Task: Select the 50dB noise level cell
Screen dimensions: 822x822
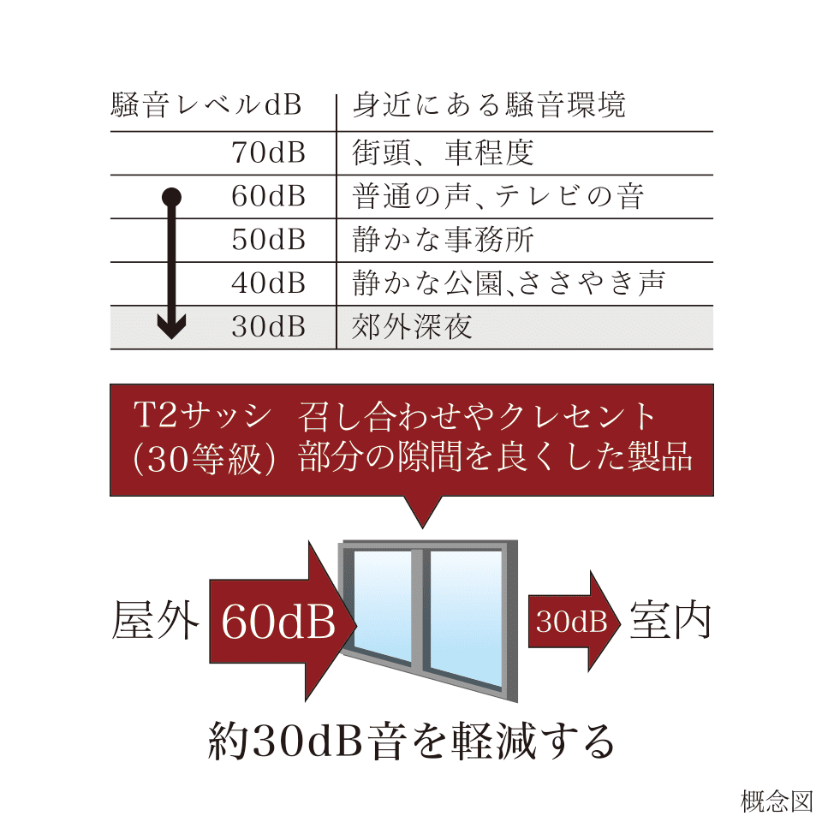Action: [x=268, y=241]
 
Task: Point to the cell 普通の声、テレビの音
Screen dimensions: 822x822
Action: [x=497, y=197]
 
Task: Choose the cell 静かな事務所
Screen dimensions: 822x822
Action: [x=444, y=241]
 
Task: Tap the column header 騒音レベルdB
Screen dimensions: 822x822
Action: [x=206, y=106]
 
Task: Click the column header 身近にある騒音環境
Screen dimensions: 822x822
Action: [x=489, y=106]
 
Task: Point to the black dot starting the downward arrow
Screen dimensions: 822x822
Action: [x=172, y=197]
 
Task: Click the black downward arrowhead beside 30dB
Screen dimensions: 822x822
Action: [x=172, y=326]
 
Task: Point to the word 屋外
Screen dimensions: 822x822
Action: [x=155, y=622]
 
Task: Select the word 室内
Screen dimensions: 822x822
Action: [x=670, y=622]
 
